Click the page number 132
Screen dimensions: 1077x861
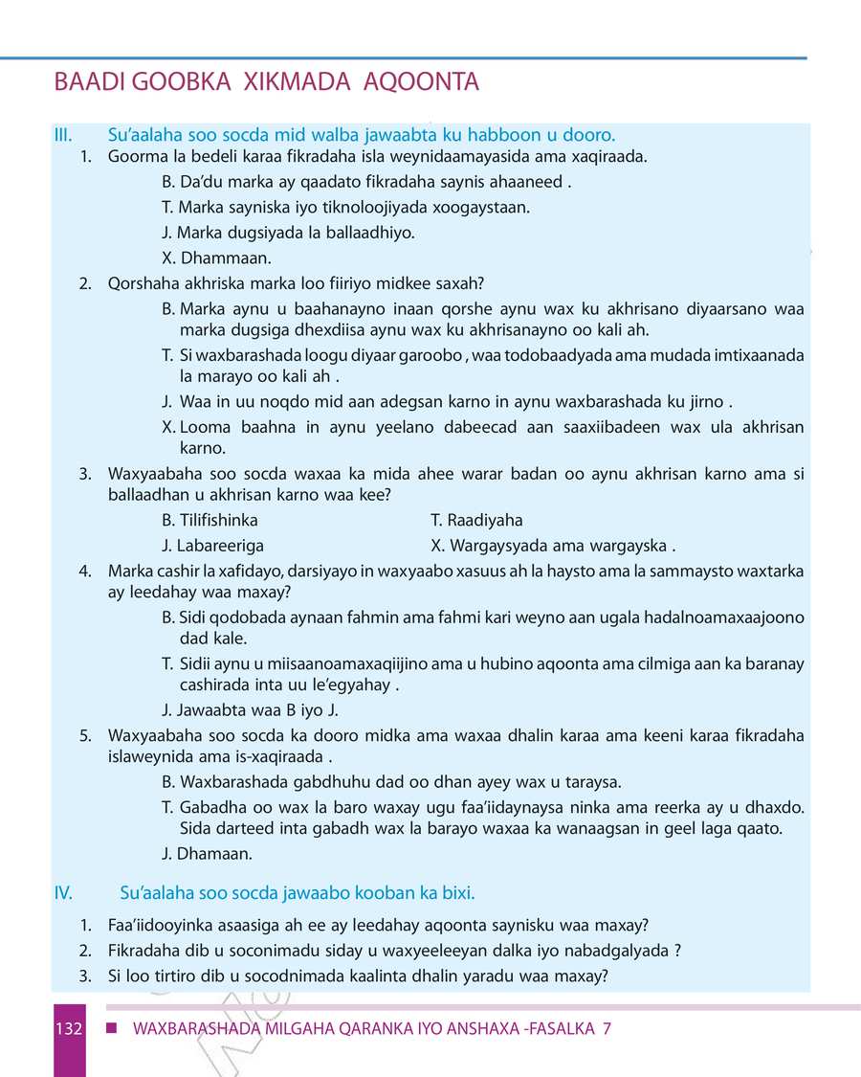point(68,1030)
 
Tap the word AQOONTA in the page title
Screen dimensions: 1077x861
point(421,83)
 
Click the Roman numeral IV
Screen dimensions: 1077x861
point(64,893)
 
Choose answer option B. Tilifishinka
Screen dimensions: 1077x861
point(210,521)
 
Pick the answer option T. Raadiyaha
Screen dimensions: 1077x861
point(477,521)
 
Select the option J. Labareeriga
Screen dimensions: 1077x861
point(213,547)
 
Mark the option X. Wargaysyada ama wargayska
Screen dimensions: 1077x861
point(554,547)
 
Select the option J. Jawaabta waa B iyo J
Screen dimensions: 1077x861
point(251,710)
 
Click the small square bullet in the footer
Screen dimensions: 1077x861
point(112,1029)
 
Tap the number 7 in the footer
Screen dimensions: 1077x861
point(607,1030)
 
